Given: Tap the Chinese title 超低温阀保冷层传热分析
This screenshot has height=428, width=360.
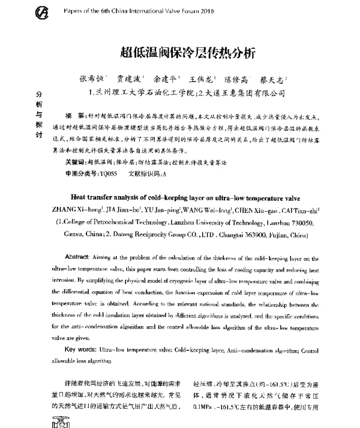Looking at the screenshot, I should [x=179, y=52].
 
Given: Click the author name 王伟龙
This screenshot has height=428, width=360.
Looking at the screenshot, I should [x=201, y=79].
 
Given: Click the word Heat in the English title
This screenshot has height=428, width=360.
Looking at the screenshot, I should [x=80, y=198].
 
